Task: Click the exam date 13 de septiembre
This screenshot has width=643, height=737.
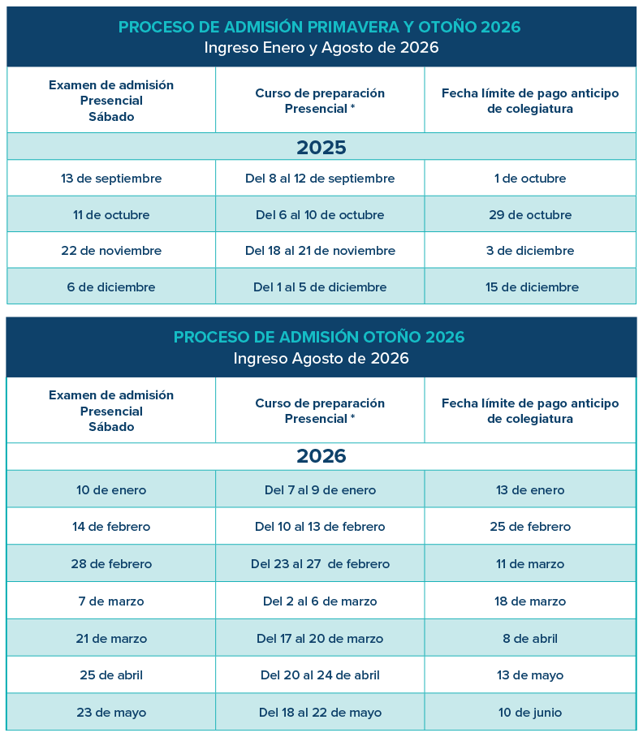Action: click(111, 179)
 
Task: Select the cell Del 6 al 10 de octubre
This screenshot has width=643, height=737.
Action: click(320, 215)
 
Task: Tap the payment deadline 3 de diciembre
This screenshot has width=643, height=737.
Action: click(530, 251)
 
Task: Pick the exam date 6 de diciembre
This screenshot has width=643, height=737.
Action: click(111, 287)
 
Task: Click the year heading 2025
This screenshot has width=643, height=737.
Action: click(321, 148)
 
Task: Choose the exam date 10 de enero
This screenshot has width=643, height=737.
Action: click(111, 490)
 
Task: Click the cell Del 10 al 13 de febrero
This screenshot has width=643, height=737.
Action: click(320, 527)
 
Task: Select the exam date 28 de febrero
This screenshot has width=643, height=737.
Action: click(111, 564)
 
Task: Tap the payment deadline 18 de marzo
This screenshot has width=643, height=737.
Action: click(530, 601)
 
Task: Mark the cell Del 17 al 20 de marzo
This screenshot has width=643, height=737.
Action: click(320, 639)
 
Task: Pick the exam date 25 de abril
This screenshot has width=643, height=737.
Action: click(111, 675)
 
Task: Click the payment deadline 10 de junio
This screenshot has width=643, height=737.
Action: click(530, 713)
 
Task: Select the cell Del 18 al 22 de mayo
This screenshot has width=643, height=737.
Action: click(320, 713)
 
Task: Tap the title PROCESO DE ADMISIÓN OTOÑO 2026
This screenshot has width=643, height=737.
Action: click(319, 337)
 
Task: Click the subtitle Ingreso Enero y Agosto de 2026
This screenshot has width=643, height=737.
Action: click(321, 48)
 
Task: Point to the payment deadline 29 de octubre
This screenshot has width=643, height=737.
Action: click(530, 215)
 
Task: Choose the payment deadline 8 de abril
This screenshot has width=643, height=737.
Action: click(530, 639)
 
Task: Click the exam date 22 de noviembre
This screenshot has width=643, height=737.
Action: click(111, 251)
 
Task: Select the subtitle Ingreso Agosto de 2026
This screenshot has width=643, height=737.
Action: click(321, 358)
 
